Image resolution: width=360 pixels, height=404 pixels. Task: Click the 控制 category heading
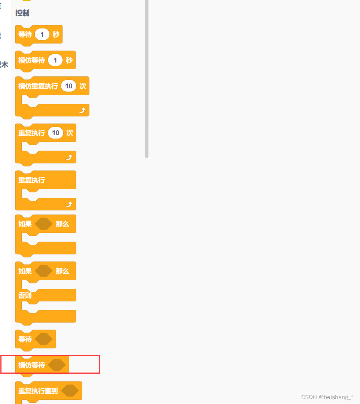pos(22,13)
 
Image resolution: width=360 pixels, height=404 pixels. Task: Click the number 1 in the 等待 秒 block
pos(42,34)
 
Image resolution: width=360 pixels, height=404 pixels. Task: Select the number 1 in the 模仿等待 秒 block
pos(55,60)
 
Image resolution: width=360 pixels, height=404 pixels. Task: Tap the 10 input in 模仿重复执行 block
pos(69,86)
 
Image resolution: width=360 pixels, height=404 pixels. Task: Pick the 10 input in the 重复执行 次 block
pos(56,133)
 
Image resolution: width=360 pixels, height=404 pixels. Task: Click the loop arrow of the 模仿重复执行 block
pos(82,110)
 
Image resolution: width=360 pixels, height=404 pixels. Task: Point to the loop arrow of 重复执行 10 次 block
pos(69,157)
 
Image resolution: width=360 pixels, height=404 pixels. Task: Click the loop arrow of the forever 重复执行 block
pos(69,204)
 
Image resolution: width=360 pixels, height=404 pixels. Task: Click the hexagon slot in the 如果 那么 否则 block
pos(44,271)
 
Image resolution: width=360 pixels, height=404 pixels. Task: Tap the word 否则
pos(25,295)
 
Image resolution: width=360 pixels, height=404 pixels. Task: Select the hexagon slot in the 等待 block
pos(44,339)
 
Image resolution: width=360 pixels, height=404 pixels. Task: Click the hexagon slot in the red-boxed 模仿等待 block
pos(57,365)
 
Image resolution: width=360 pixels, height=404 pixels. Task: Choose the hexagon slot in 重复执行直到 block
pos(70,391)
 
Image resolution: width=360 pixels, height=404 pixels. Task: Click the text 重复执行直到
pos(38,391)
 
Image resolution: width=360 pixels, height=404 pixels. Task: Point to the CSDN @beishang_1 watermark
pos(327,397)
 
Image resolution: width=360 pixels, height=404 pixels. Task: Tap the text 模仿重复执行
pos(38,86)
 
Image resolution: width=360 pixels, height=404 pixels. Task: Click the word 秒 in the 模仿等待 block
pos(69,60)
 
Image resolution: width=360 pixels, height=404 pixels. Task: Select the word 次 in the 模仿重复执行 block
pos(83,86)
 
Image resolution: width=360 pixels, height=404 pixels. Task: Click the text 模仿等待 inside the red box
pos(32,365)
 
